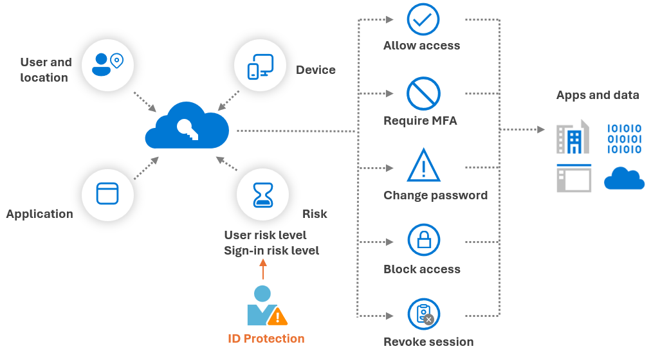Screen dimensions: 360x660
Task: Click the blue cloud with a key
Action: click(187, 126)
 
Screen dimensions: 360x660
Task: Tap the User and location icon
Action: click(107, 64)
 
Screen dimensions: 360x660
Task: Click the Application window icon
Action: click(107, 194)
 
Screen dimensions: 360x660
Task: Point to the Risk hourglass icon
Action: click(262, 194)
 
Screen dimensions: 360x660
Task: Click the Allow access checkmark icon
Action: click(423, 19)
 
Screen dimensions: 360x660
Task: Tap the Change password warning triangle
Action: click(423, 166)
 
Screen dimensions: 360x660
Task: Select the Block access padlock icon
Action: click(423, 240)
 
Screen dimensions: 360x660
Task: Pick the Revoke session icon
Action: click(424, 314)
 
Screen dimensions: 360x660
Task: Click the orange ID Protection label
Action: click(266, 339)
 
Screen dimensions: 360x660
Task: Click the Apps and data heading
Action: click(598, 95)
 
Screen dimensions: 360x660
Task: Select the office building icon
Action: click(573, 137)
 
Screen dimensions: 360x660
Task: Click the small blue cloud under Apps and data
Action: click(624, 178)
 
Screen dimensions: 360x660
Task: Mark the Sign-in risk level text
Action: click(271, 251)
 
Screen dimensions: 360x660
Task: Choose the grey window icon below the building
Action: click(574, 178)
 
